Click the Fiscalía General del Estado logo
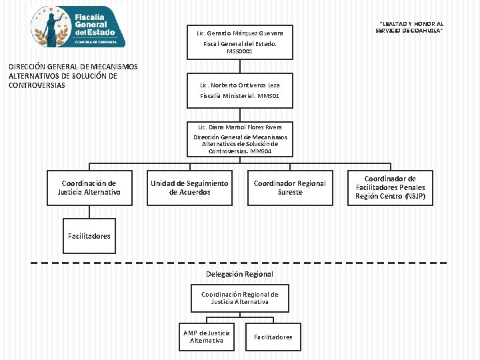[78, 27]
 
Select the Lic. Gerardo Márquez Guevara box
[240, 42]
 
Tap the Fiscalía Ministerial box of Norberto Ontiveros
[240, 91]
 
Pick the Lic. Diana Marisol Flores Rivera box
[240, 139]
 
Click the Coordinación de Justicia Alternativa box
[89, 187]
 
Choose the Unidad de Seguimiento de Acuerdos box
[189, 187]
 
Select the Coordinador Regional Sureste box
[290, 187]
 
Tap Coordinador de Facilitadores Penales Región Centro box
[390, 187]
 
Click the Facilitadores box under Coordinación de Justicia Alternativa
[89, 236]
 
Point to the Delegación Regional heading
[239, 274]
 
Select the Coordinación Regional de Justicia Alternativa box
[240, 298]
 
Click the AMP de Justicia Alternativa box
[207, 337]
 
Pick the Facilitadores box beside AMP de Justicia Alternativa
[273, 337]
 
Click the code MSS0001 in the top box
[240, 51]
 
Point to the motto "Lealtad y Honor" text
[409, 27]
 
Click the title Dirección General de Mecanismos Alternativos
[73, 76]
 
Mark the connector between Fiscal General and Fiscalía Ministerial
[240, 67]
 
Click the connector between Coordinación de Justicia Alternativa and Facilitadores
[89, 212]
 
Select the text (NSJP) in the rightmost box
[415, 196]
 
